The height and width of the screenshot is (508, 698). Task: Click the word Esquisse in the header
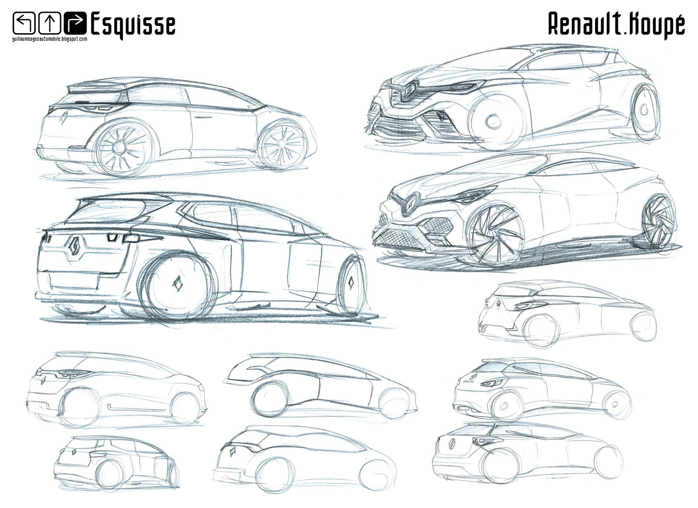click(133, 24)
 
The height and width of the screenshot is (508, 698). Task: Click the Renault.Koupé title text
click(616, 24)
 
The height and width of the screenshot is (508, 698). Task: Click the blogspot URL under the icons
click(50, 39)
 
